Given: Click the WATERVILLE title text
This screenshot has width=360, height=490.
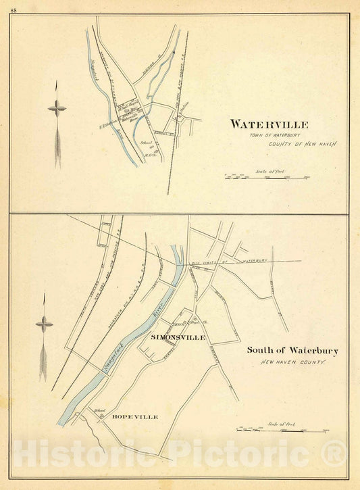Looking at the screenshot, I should [x=269, y=124].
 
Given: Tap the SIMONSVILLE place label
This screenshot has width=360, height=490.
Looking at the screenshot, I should [x=178, y=337].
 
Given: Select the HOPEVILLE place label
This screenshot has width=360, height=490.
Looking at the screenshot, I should [x=135, y=417].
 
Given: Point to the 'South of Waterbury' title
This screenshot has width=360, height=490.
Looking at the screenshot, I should [x=292, y=351].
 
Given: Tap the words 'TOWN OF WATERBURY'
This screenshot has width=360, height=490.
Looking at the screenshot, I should [x=270, y=135].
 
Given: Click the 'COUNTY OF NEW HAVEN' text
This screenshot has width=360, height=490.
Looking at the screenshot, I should [x=301, y=144].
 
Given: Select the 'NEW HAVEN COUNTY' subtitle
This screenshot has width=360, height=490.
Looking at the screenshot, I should [x=293, y=363].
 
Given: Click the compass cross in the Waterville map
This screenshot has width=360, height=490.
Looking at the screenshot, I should [x=57, y=107].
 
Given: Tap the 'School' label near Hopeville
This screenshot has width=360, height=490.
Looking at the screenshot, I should [x=102, y=410].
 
